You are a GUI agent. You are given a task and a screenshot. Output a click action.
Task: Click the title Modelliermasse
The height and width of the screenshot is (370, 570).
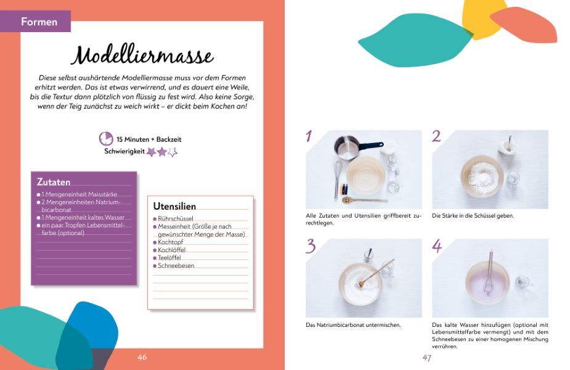(142, 55)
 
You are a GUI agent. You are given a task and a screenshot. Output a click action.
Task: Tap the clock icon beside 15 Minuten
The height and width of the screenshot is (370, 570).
(106, 139)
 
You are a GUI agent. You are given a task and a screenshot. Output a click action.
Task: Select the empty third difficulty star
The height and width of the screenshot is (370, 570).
(173, 152)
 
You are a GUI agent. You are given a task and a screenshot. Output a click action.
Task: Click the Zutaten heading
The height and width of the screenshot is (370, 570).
(54, 182)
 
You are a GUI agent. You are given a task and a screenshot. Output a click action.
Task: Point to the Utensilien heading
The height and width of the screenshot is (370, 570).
(174, 207)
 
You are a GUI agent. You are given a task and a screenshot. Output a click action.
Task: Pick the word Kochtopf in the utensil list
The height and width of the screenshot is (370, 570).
(170, 242)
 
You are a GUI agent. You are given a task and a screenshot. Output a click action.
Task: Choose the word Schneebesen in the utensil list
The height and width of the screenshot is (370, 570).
(176, 266)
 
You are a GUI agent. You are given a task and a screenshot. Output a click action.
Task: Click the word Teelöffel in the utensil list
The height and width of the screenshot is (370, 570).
(169, 258)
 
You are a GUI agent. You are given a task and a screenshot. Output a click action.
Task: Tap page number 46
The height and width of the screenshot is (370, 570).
(142, 357)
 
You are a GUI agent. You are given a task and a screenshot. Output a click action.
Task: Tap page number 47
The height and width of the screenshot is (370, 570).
(427, 358)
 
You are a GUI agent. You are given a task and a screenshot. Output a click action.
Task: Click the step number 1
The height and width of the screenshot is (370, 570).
(309, 136)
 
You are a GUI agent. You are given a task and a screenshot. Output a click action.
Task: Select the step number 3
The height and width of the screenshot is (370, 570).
(311, 246)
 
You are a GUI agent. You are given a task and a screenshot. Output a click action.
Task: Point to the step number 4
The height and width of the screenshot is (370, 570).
(437, 246)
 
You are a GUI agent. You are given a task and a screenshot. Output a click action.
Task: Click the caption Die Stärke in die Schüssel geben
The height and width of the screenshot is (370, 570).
(473, 216)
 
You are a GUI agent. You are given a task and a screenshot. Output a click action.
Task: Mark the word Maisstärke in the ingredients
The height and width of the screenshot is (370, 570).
(102, 194)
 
